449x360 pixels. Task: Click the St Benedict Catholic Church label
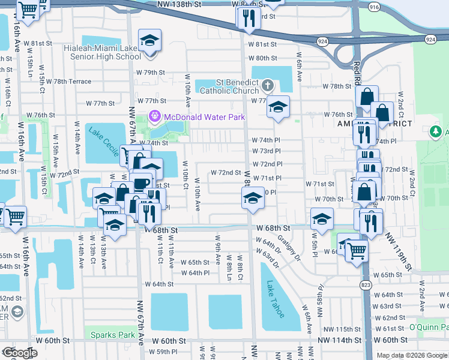(x=229, y=86)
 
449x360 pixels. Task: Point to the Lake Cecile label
(x=103, y=141)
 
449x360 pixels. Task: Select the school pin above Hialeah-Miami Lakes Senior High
(x=149, y=41)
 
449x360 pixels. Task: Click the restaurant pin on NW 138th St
(x=249, y=18)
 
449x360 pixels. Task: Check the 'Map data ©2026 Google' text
(x=412, y=355)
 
